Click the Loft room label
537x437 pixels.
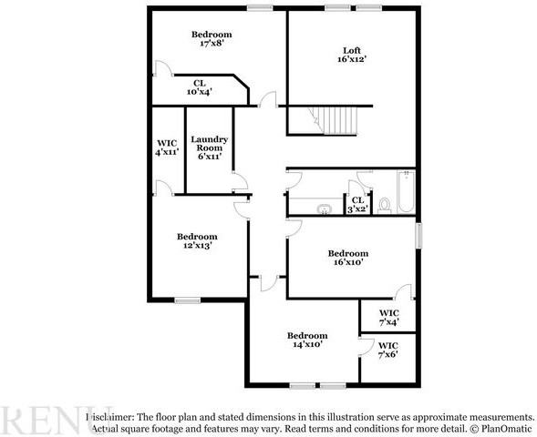[x=352, y=50]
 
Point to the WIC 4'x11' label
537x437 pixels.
[x=168, y=148]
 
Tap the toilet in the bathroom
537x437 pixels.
[x=385, y=205]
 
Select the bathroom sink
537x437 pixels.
[x=322, y=208]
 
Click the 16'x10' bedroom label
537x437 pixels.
[x=347, y=258]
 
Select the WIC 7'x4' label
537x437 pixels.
[x=388, y=318]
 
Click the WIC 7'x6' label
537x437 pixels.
[x=388, y=351]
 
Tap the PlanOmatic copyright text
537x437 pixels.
[x=501, y=427]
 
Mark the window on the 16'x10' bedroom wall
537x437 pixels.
[x=418, y=234]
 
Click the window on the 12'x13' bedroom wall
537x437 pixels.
[x=188, y=300]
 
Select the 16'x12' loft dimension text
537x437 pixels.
[x=352, y=60]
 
